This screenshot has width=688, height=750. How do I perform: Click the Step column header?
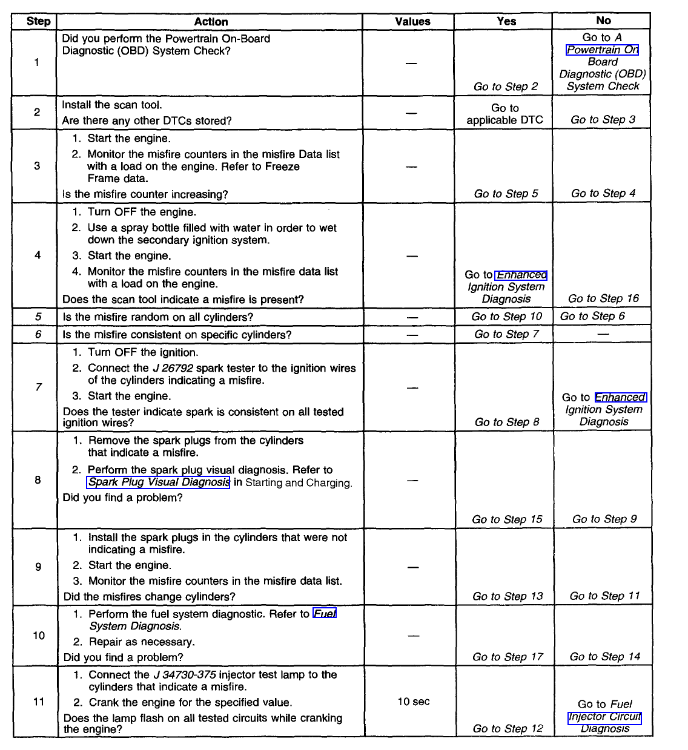tap(38, 21)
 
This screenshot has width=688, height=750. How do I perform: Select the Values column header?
tap(412, 22)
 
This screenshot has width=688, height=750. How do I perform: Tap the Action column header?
tap(211, 22)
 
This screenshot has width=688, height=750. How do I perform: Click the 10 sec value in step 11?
tap(414, 702)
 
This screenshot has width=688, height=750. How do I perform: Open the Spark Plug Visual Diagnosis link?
tap(159, 482)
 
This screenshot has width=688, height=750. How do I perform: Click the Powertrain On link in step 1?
tap(602, 50)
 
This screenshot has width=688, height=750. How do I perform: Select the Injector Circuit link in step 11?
tap(604, 717)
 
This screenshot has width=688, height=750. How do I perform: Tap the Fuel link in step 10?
tap(325, 614)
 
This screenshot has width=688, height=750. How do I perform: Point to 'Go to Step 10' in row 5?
tap(506, 317)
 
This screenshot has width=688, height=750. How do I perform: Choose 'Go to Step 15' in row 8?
tap(507, 519)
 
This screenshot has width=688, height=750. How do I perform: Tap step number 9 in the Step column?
tap(38, 567)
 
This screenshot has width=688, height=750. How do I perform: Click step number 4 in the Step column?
tap(38, 255)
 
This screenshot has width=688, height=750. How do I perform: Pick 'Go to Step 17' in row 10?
tap(508, 657)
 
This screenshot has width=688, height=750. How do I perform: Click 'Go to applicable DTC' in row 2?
tap(504, 114)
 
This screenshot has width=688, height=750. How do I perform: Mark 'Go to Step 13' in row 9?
tap(508, 596)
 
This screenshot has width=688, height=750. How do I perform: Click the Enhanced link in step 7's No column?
tap(621, 398)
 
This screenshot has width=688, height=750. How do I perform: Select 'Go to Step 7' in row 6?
tap(506, 334)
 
